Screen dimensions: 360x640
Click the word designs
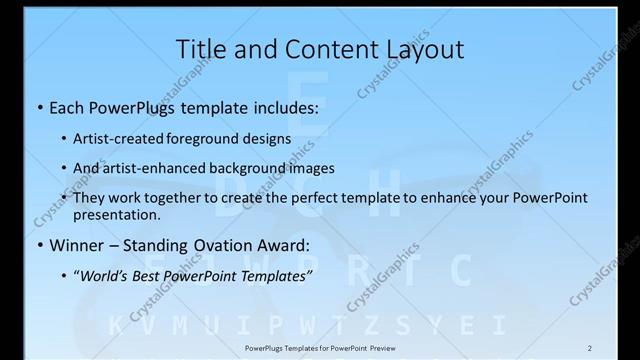pos(271,139)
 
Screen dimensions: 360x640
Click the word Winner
pos(78,244)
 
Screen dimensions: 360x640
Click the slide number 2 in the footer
pos(589,348)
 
